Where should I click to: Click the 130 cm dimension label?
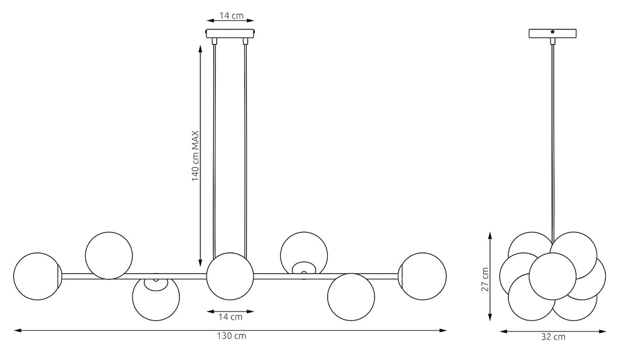[231, 336]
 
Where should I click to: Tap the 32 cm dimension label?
[553, 337]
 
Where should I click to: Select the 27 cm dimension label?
[485, 279]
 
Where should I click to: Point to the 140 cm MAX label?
[195, 156]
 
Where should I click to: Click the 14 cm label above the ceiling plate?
[231, 16]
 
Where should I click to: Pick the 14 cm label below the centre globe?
[231, 317]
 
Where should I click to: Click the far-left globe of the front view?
[37, 276]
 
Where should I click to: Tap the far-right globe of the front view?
[422, 276]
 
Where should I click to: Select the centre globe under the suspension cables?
[230, 276]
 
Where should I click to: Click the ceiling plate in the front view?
[231, 33]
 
